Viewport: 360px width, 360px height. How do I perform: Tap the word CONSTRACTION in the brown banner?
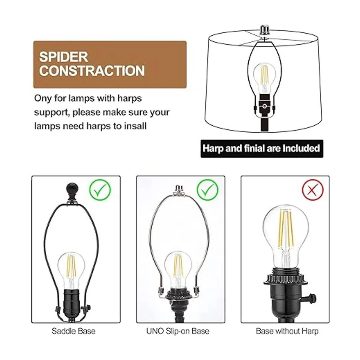(92, 70)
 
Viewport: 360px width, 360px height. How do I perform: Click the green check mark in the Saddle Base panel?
(100, 190)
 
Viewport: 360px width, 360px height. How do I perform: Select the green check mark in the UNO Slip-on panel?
(207, 190)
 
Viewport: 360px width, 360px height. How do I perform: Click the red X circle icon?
(313, 190)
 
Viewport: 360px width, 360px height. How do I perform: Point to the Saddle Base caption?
(73, 331)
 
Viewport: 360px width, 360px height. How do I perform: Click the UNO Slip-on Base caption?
(178, 331)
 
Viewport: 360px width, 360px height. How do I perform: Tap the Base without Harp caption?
(287, 331)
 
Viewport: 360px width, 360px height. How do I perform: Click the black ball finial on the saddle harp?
(72, 190)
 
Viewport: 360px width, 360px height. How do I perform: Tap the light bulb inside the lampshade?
(265, 79)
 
